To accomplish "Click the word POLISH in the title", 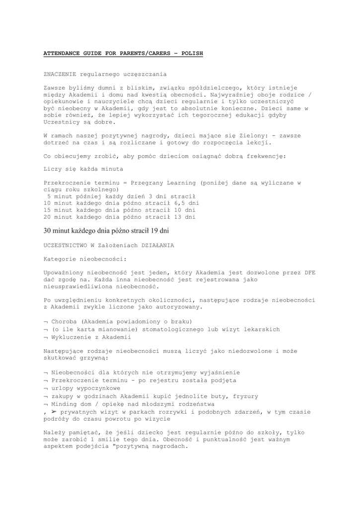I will point(192,53).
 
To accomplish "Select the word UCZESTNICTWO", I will point(67,246).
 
